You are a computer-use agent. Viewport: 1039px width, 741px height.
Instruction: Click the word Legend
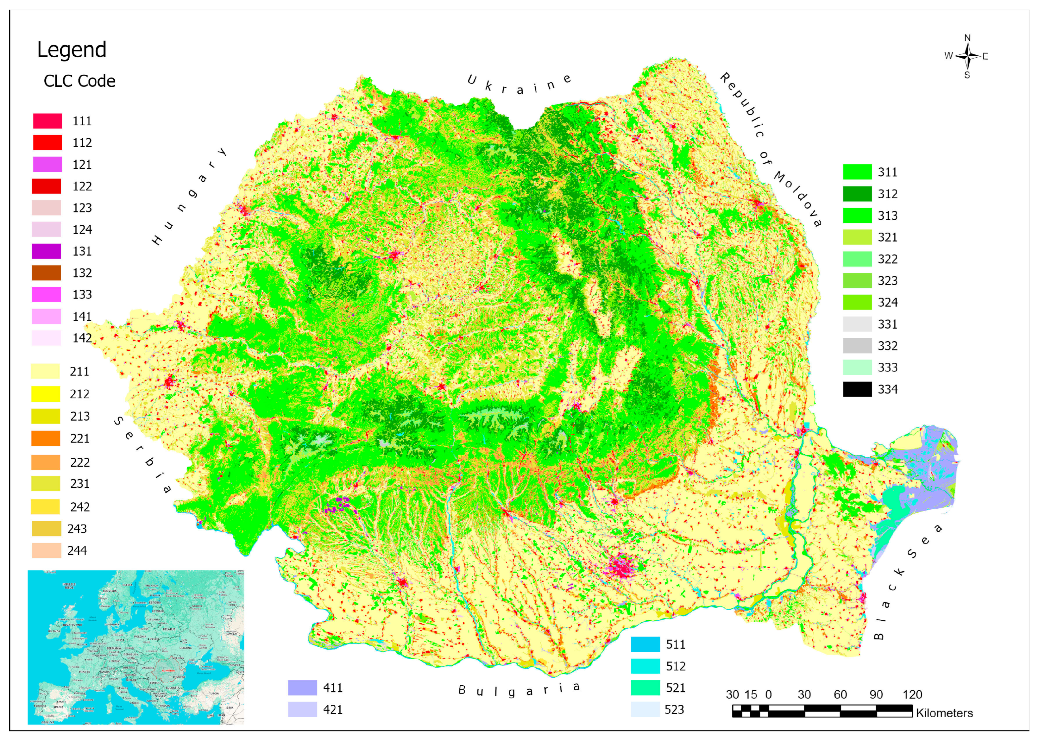pos(72,50)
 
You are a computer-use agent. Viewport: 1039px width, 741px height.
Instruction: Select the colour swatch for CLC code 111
pos(47,121)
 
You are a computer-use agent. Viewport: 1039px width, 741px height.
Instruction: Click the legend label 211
pos(80,372)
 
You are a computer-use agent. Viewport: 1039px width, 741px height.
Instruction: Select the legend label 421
pos(333,710)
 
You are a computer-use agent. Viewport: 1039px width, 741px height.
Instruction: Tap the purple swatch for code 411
pos(302,688)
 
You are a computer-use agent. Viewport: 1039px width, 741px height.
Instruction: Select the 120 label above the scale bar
pos(912,695)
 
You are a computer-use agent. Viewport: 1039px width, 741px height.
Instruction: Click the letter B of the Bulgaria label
pos(462,690)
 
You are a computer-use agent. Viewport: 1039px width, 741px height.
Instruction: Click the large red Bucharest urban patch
pos(621,567)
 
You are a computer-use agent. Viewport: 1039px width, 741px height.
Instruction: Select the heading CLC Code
pos(80,81)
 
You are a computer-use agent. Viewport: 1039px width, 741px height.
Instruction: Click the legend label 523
pos(674,710)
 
